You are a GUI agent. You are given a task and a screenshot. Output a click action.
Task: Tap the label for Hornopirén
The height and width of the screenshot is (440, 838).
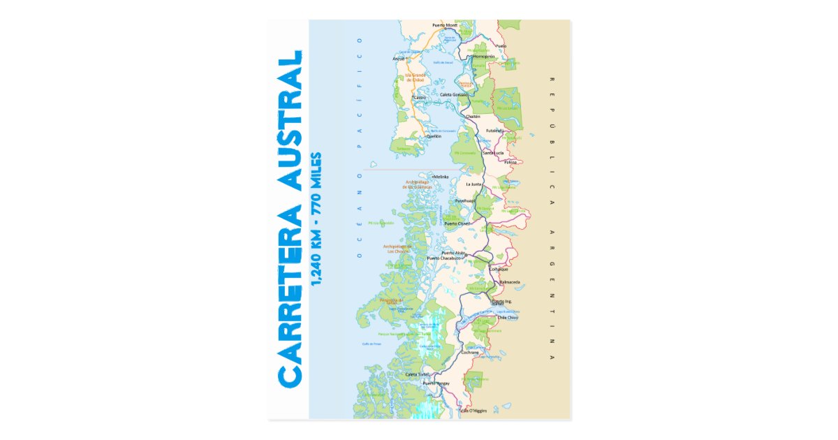click(483, 56)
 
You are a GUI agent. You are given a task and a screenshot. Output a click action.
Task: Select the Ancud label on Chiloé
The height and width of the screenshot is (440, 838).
click(399, 59)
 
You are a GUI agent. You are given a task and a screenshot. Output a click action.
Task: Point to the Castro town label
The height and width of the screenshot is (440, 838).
click(420, 97)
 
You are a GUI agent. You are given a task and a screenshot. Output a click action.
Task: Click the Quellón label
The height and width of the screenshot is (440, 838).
click(434, 136)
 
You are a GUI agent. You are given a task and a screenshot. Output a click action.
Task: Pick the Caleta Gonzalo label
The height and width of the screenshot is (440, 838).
click(454, 94)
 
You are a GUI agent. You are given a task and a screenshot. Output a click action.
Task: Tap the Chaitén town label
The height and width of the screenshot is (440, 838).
click(473, 117)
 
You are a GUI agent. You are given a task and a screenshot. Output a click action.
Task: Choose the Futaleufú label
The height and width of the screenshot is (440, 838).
click(494, 130)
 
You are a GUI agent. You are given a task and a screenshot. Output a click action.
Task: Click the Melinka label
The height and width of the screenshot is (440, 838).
click(441, 177)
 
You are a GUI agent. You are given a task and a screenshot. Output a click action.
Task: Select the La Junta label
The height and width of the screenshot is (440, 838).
click(474, 184)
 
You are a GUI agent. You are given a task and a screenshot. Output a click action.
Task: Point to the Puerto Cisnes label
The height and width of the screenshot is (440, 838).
click(458, 223)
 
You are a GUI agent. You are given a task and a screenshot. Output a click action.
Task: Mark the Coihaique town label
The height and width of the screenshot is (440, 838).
click(499, 268)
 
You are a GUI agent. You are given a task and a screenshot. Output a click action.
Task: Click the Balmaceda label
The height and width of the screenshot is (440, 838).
click(510, 282)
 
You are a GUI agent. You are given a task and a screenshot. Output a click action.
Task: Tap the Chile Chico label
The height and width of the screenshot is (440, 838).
click(507, 318)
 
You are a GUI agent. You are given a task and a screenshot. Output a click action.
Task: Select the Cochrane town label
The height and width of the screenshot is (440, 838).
click(470, 353)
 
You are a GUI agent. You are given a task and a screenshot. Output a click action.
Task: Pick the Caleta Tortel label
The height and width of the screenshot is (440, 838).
click(418, 375)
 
